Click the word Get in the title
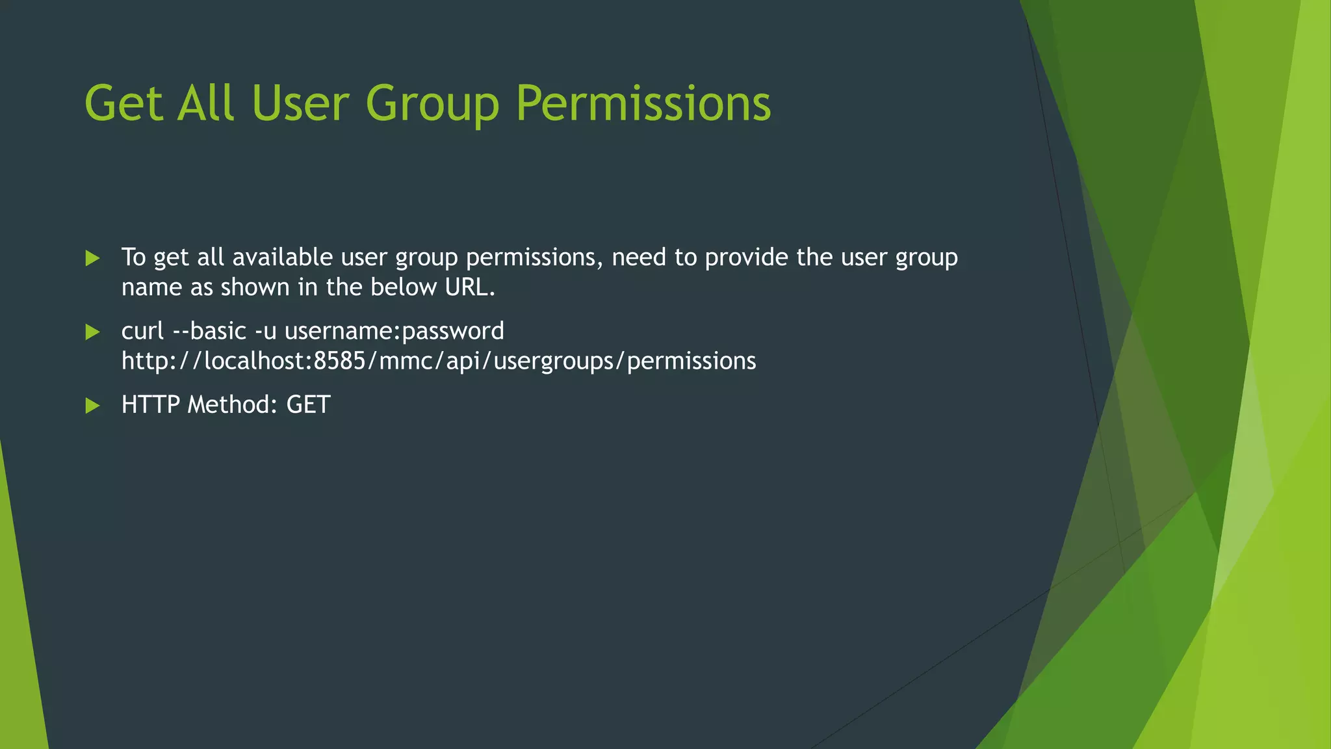(x=123, y=104)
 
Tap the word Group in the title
(x=432, y=104)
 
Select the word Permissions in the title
(x=643, y=104)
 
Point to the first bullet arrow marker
(x=92, y=259)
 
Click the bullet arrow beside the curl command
(x=92, y=332)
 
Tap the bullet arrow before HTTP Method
(x=92, y=406)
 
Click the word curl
(x=142, y=331)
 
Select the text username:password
(x=394, y=331)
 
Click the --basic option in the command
(x=210, y=331)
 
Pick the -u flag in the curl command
(x=266, y=331)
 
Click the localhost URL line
(x=439, y=361)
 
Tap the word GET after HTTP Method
(x=309, y=404)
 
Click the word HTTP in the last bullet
(x=150, y=404)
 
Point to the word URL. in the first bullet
(x=470, y=287)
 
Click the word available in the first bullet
(x=283, y=257)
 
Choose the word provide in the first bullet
(x=747, y=257)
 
